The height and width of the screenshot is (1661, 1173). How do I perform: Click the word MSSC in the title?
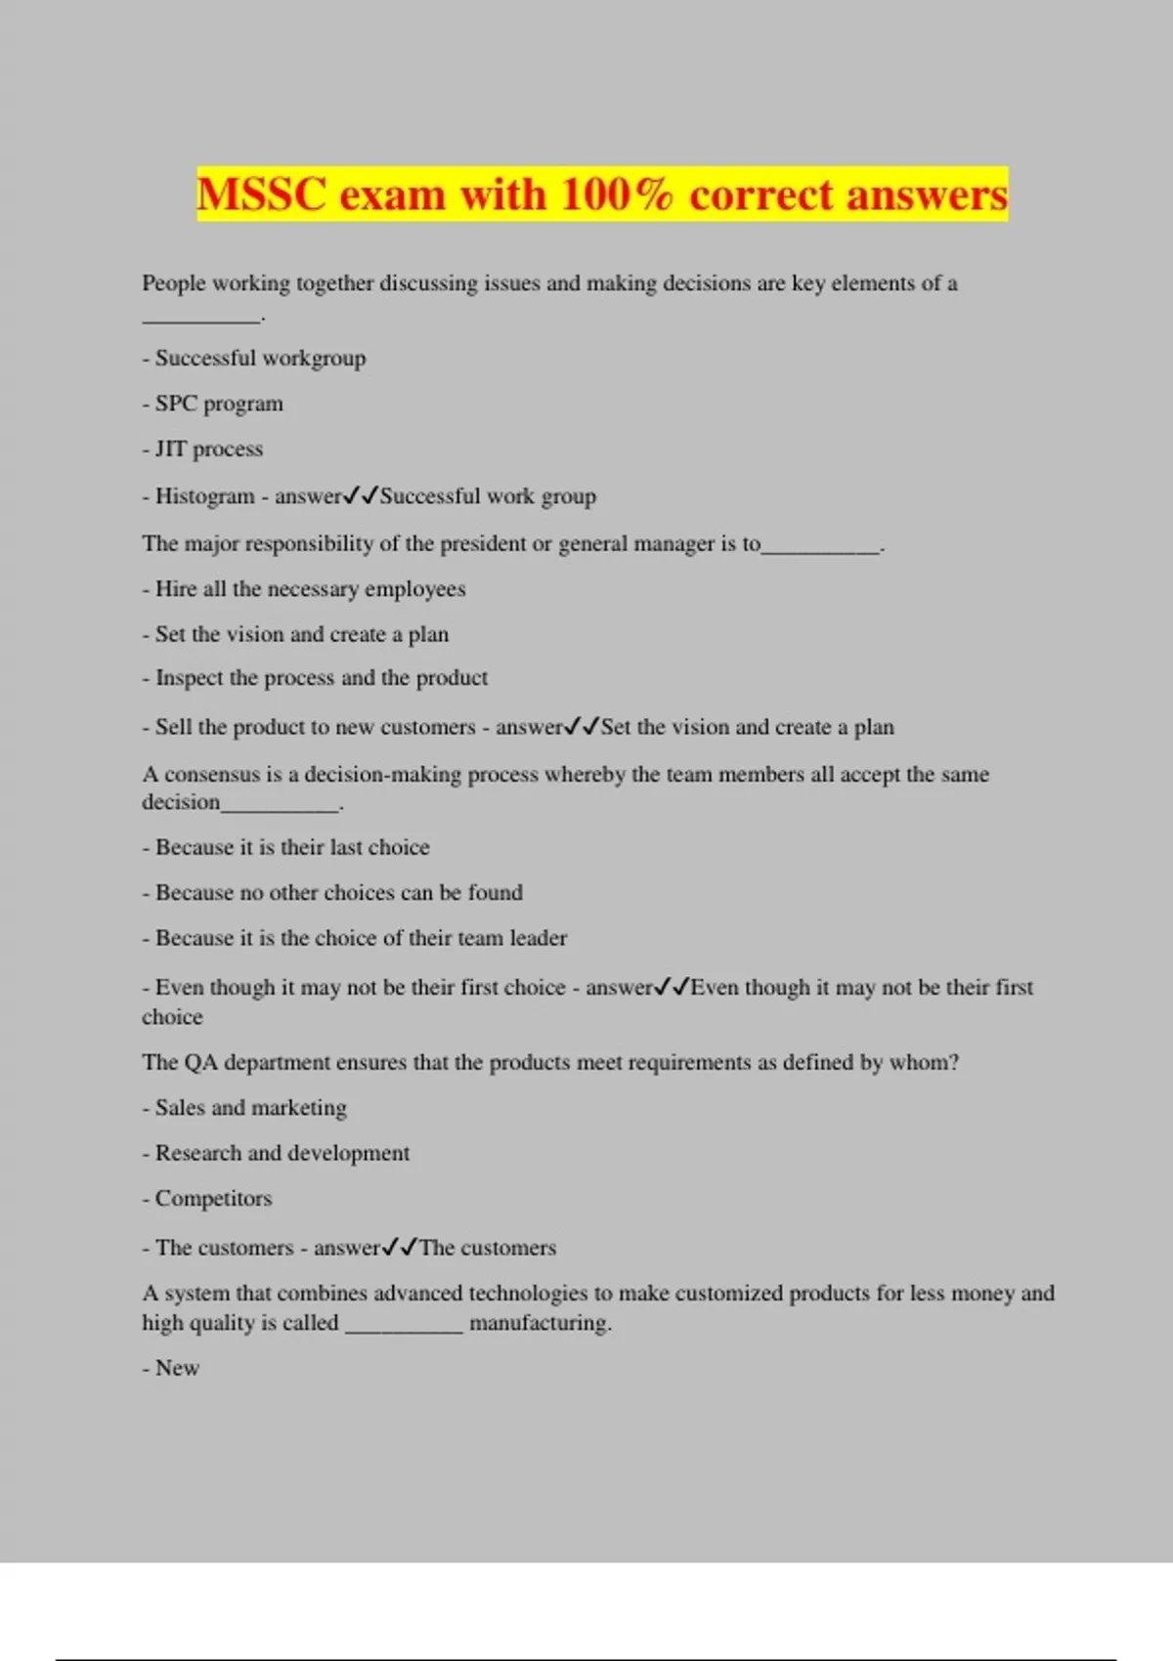[261, 193]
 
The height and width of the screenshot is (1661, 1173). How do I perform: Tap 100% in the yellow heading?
[616, 193]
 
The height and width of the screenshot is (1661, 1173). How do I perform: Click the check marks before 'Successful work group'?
[361, 495]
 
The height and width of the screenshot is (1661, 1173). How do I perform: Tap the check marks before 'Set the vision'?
[582, 726]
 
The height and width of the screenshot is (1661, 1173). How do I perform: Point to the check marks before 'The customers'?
[400, 1247]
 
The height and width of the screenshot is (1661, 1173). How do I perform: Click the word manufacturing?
[540, 1323]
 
